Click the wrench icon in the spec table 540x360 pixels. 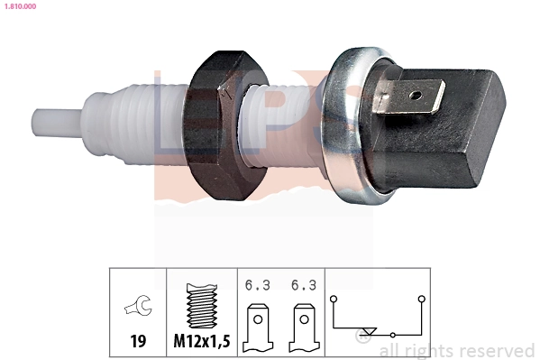(138, 309)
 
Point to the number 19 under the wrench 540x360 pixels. (138, 341)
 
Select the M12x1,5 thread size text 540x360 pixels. (201, 341)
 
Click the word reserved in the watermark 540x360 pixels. (499, 350)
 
